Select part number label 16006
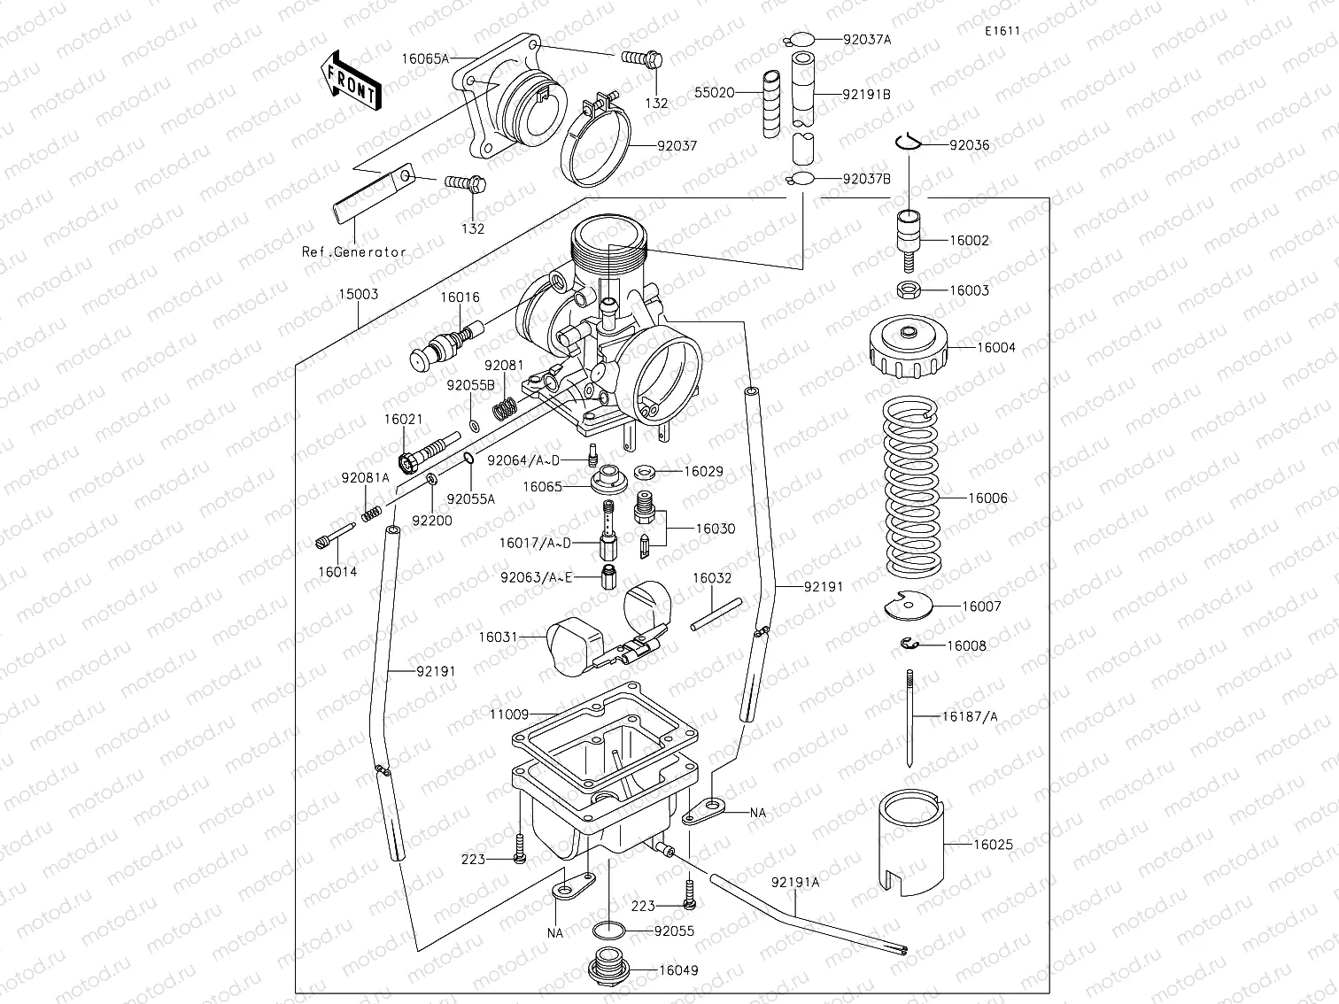(987, 498)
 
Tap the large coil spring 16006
(912, 487)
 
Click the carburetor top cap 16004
(909, 345)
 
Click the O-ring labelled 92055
(608, 931)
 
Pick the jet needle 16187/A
(909, 717)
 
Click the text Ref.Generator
(354, 251)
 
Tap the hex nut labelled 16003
(909, 289)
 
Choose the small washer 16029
(646, 471)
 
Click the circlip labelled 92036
(910, 143)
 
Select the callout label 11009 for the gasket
(508, 714)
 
